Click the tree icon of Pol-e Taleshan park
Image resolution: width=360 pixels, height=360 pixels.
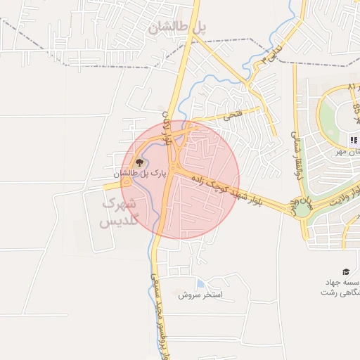click(x=139, y=162)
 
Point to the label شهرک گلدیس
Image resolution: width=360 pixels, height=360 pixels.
click(x=120, y=211)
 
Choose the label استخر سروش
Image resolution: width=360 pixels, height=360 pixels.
click(x=200, y=295)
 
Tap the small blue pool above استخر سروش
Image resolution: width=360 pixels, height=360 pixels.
click(x=201, y=283)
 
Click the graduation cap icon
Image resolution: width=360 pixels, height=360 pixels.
click(x=345, y=271)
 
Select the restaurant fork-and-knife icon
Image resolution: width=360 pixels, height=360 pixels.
click(x=353, y=139)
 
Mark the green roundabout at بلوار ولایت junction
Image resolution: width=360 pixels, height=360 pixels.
click(x=302, y=208)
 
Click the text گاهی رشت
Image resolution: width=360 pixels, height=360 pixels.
click(x=342, y=293)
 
